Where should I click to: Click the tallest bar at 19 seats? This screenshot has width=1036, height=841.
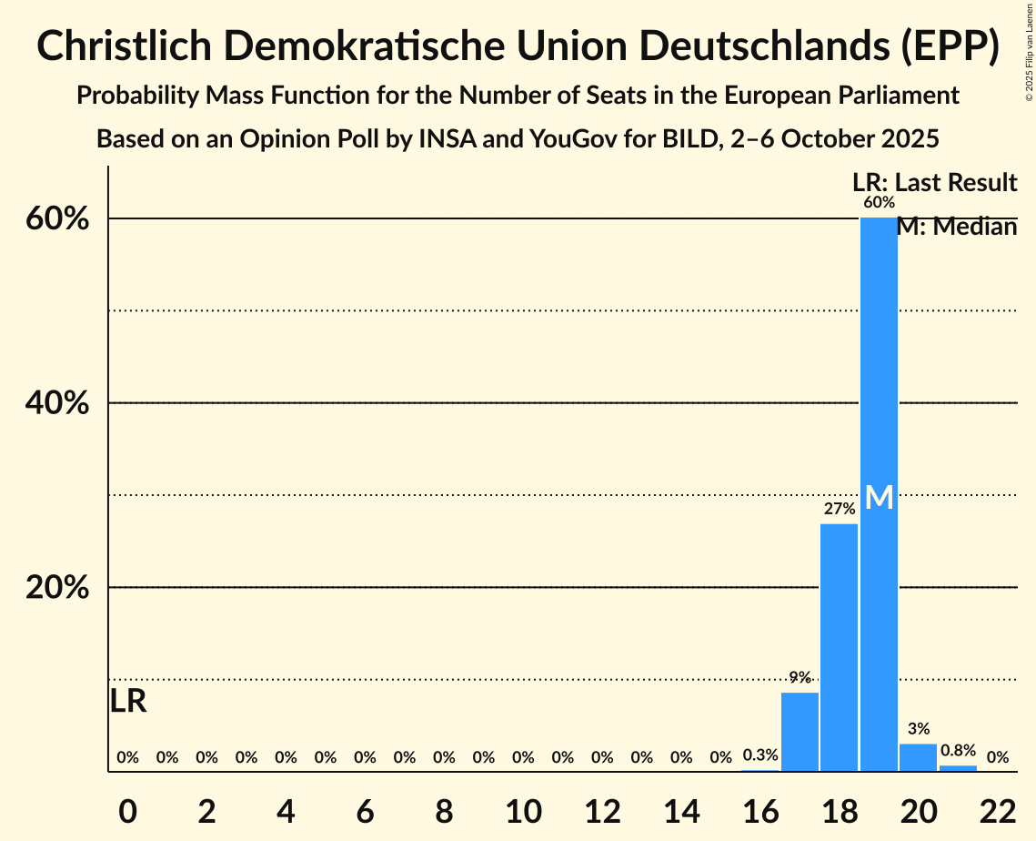879,364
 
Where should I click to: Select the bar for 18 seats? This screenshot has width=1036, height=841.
840,647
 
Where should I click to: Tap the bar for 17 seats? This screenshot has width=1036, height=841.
800,732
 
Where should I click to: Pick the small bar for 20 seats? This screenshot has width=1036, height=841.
918,757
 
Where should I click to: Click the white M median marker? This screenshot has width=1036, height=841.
879,497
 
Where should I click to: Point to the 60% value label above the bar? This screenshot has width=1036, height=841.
879,202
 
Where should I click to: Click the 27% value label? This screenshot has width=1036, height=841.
840,509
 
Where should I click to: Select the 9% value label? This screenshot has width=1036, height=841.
800,677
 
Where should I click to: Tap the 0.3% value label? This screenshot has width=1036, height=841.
760,755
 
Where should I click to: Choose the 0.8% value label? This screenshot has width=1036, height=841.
958,751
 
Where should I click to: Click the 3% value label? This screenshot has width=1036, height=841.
918,728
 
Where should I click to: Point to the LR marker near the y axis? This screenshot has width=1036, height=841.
128,701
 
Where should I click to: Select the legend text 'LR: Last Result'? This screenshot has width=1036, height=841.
934,183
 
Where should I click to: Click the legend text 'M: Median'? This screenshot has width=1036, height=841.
957,228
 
